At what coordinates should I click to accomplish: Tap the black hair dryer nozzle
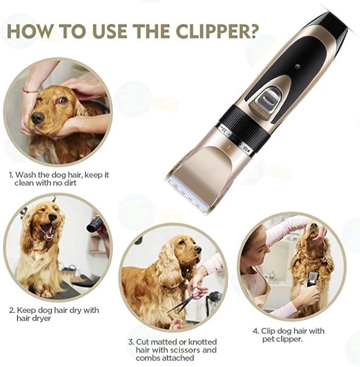pyautogui.click(x=94, y=225)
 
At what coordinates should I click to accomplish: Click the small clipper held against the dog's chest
pyautogui.click(x=313, y=279)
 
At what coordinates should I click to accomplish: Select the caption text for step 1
pyautogui.click(x=58, y=178)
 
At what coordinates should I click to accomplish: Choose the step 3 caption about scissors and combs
pyautogui.click(x=172, y=350)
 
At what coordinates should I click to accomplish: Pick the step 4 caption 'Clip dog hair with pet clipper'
pyautogui.click(x=293, y=335)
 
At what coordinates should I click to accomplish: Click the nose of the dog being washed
pyautogui.click(x=37, y=118)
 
